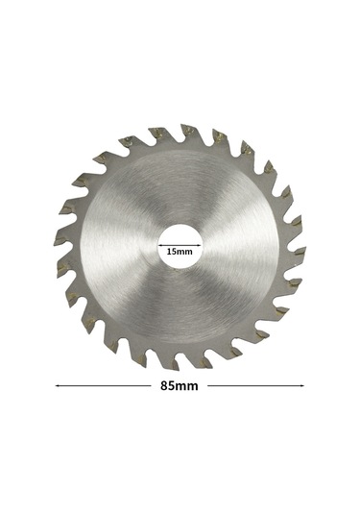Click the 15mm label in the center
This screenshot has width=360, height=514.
tap(180, 251)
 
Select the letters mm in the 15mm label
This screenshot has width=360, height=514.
tap(186, 251)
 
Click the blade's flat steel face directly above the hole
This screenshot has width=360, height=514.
tap(180, 187)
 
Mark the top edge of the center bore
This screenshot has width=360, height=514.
tap(180, 224)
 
